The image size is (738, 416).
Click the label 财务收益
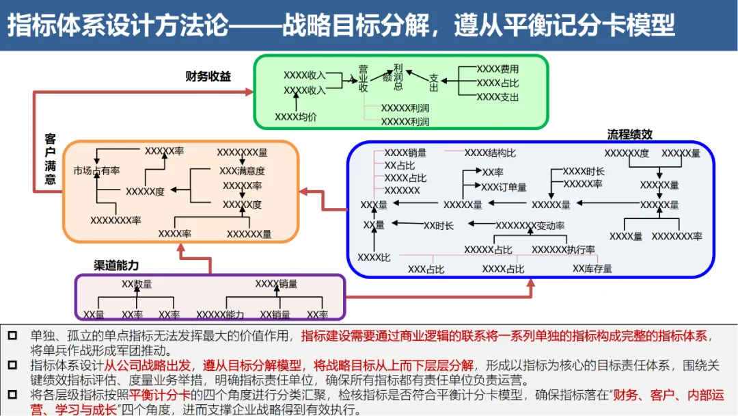pos(208,77)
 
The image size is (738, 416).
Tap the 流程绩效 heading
pos(629,134)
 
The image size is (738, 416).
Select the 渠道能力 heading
pos(116,265)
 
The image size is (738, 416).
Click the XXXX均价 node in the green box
pos(296,117)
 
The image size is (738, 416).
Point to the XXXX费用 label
pos(497,69)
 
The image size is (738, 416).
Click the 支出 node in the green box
pos(434,83)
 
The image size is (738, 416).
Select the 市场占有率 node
pos(97,170)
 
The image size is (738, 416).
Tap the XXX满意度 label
pos(242,170)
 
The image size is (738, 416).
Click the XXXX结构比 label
pos(490,153)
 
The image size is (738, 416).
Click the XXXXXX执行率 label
pos(563,250)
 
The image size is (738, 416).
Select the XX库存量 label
pos(592,269)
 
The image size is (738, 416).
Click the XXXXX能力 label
pos(220,315)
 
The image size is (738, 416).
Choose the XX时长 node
pos(439,225)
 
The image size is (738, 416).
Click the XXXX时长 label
pos(584,171)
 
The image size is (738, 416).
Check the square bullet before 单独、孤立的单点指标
pos(12,336)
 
